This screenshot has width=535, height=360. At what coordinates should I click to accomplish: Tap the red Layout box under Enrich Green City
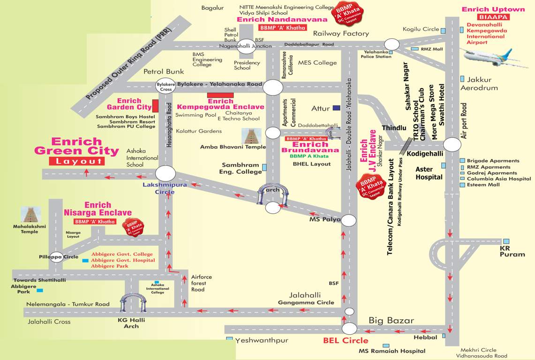pos(76,161)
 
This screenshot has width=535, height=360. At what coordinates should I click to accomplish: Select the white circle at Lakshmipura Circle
pos(165,173)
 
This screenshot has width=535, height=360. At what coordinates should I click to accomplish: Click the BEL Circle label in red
pos(346,340)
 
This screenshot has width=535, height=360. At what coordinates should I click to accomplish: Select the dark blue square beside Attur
pos(336,108)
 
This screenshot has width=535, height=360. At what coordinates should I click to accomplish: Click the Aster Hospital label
pos(429,173)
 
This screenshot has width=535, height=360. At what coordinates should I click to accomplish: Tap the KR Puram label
pos(512,251)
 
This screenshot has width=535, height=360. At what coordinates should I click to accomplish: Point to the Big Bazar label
pos(391,321)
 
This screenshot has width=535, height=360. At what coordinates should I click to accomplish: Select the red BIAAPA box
pos(493,17)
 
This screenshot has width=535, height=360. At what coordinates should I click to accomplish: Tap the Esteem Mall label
pos(482,185)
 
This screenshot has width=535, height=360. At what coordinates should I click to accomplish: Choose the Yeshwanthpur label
pos(262,340)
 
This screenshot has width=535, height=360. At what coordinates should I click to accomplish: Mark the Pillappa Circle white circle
pos(56,257)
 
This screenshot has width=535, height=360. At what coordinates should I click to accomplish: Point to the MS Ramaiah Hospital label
pos(392,351)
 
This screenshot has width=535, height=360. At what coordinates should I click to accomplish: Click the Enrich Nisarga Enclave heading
pos(98,209)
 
